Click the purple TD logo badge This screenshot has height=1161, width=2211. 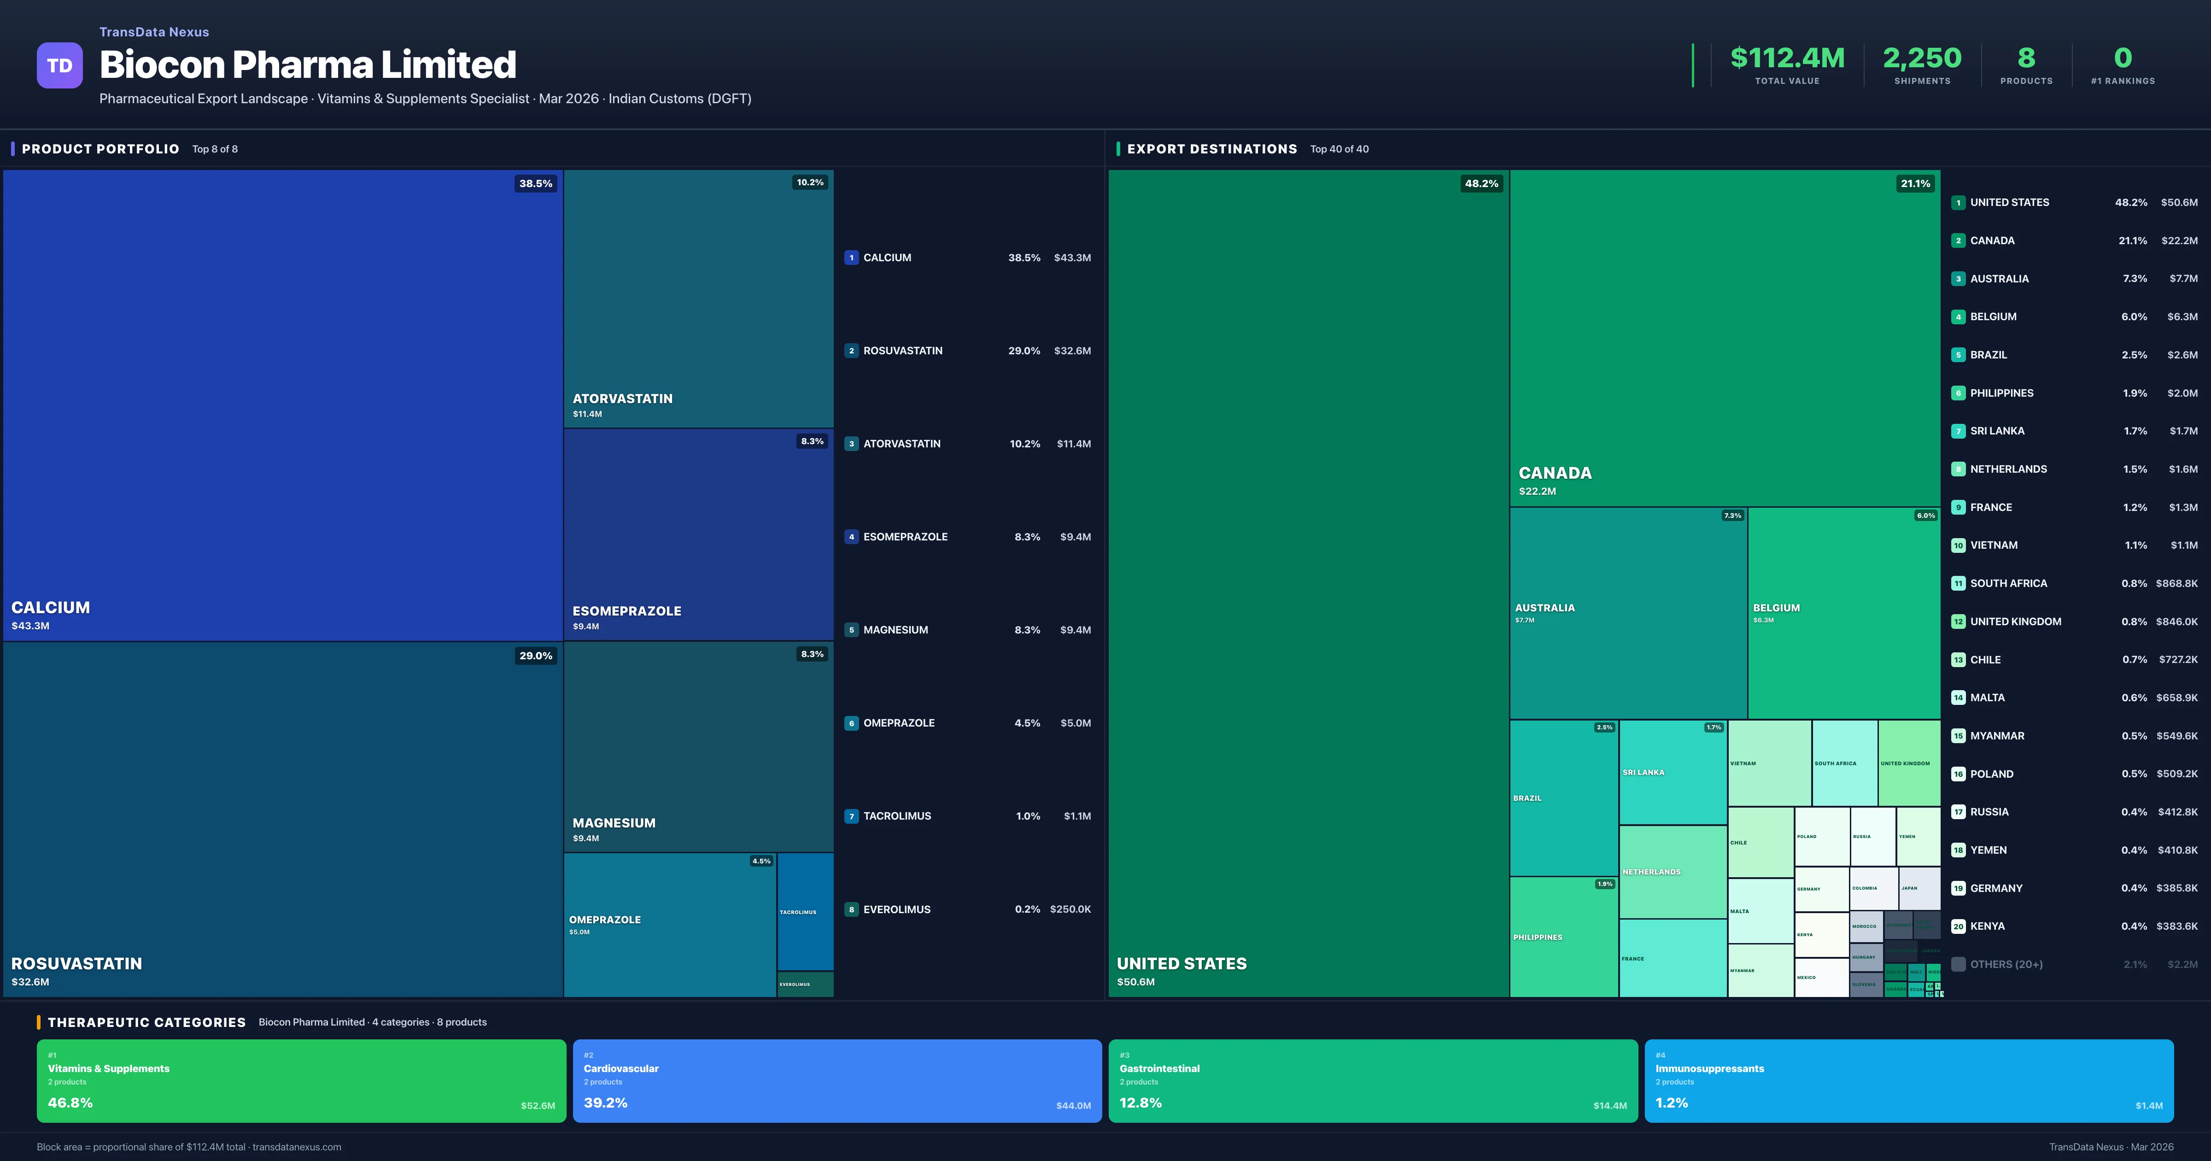(x=59, y=65)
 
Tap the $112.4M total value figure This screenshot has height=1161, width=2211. (x=1787, y=58)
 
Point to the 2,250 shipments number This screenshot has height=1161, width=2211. (x=1922, y=58)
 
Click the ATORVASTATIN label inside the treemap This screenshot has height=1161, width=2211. (x=622, y=399)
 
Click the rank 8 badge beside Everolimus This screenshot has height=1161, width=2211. (x=851, y=909)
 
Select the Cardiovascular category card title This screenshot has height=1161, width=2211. (x=620, y=1068)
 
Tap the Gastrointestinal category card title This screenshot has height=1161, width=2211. (x=1159, y=1068)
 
